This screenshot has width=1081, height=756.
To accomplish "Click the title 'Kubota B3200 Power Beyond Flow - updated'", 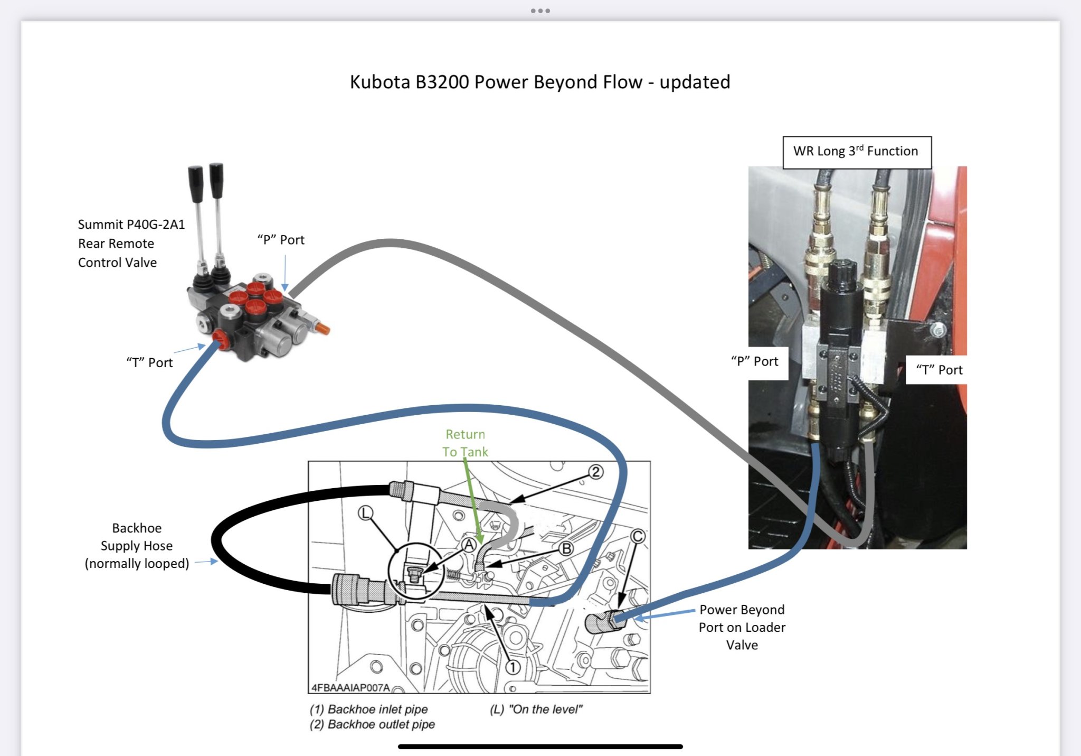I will (539, 82).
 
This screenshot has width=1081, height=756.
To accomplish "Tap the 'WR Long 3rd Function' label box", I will (856, 152).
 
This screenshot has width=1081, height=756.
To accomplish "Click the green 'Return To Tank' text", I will (465, 443).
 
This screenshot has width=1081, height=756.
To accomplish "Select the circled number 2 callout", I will (595, 472).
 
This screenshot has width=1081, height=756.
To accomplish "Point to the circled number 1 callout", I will (513, 667).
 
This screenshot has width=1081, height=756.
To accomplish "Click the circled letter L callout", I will (365, 513).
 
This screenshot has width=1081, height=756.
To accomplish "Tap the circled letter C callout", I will (638, 536).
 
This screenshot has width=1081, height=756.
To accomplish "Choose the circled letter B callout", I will (566, 549).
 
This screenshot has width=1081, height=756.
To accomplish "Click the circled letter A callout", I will (469, 544).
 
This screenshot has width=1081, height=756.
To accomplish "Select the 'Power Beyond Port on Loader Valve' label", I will (742, 627).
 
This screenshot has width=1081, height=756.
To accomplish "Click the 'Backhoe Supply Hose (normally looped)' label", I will (137, 546).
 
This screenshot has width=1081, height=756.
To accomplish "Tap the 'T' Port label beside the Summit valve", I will (149, 362).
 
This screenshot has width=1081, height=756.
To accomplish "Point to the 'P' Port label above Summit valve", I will (281, 240).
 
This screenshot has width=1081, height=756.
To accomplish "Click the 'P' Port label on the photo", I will (755, 361).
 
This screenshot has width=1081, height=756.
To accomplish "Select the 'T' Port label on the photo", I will (939, 370).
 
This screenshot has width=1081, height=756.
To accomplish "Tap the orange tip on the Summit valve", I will (324, 330).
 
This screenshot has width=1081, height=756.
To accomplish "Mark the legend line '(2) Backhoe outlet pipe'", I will (372, 724).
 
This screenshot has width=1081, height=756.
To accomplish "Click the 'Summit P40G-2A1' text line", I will (131, 225).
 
